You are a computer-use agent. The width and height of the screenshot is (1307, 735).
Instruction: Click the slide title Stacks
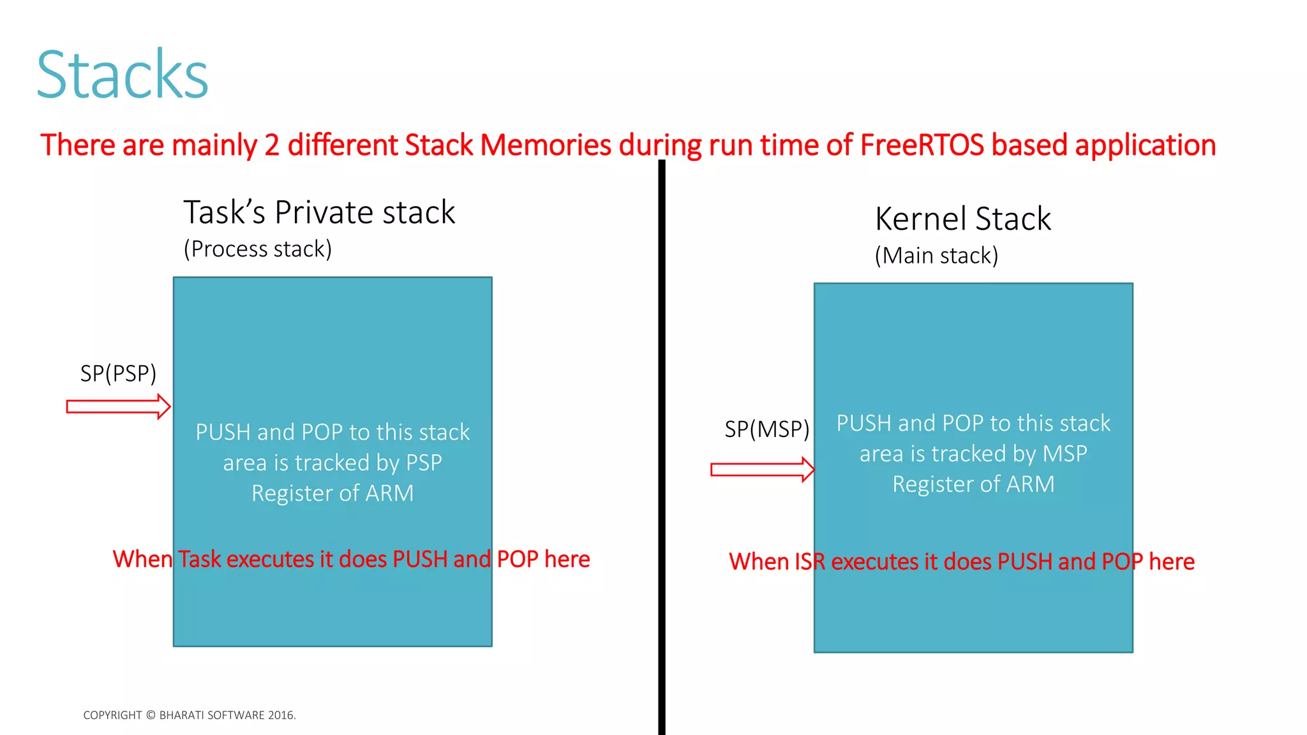pos(123,75)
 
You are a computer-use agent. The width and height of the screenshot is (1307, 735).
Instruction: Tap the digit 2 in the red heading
pos(272,145)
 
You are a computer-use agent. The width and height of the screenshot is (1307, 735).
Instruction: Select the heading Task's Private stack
pos(319,213)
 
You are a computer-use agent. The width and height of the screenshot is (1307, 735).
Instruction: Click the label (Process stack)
pos(258,249)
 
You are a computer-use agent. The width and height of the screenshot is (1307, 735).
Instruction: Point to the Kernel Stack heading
pos(962,219)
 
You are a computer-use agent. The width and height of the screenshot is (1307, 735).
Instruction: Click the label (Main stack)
pos(936,256)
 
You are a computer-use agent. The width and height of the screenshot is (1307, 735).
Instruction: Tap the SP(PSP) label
pos(118,374)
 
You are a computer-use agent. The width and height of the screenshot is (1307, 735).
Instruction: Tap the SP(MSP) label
pos(766,429)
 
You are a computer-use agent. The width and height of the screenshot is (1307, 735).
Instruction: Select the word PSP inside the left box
pos(424,463)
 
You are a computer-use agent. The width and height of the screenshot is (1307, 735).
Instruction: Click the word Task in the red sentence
pos(199,560)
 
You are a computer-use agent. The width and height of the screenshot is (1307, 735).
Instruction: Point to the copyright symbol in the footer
pos(151,715)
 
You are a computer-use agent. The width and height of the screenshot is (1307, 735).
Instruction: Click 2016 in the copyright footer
pos(281,715)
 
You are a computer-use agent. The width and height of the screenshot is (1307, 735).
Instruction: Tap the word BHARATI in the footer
pos(182,715)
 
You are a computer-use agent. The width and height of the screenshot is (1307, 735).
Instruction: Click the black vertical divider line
pos(662,447)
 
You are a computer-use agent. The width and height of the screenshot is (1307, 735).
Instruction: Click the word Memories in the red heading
pos(546,145)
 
